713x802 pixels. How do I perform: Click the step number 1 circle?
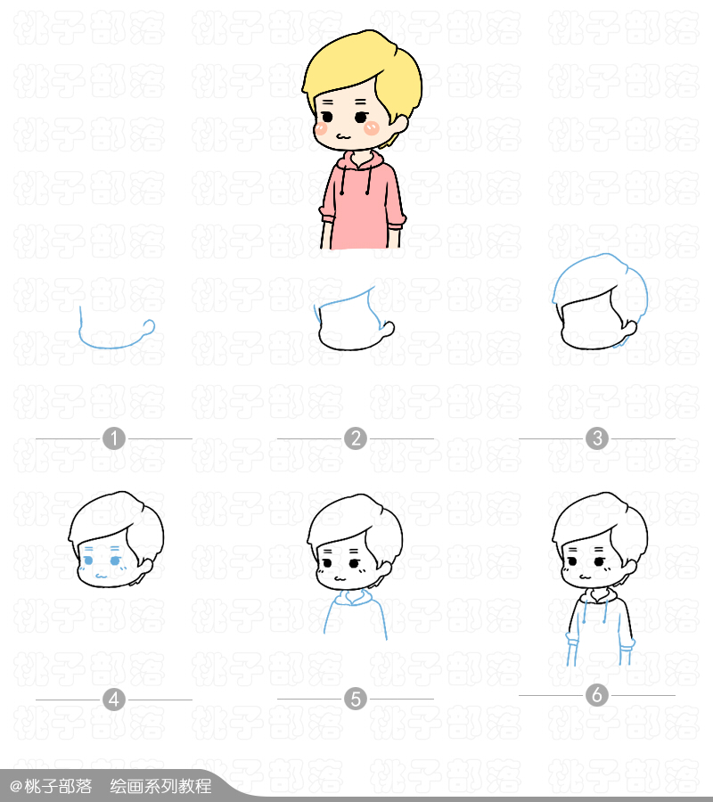(114, 438)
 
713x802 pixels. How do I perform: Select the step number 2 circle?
(356, 438)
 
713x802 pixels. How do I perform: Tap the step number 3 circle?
(597, 438)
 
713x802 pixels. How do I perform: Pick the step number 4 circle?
(114, 700)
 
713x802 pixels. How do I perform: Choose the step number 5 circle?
(356, 700)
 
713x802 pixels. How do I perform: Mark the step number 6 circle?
(597, 695)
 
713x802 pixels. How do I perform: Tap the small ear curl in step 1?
(150, 326)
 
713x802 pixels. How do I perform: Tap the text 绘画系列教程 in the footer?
(160, 786)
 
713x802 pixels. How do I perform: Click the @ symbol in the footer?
(15, 786)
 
